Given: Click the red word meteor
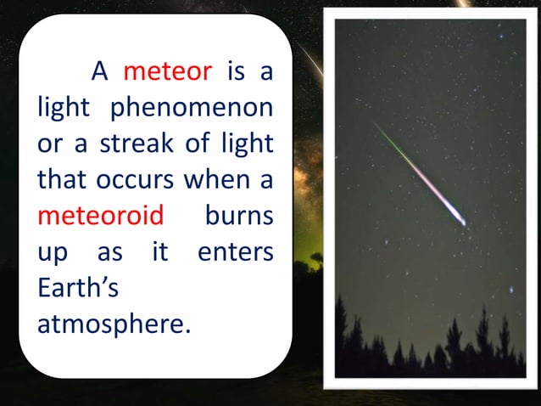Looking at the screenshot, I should click(167, 72).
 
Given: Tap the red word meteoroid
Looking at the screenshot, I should click(100, 215).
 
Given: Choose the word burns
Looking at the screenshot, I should click(239, 215).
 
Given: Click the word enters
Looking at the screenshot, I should click(235, 251).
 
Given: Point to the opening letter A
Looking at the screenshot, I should click(100, 72).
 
